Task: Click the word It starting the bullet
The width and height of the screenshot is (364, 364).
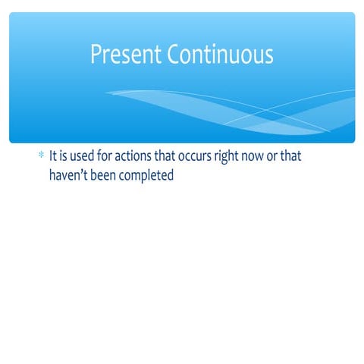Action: pyautogui.click(x=53, y=157)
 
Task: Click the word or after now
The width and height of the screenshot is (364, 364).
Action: pyautogui.click(x=281, y=158)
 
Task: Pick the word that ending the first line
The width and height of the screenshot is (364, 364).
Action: pyautogui.click(x=301, y=157)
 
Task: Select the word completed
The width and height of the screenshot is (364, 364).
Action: pyautogui.click(x=147, y=175)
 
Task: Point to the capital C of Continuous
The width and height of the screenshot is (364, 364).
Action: pyautogui.click(x=174, y=55)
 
